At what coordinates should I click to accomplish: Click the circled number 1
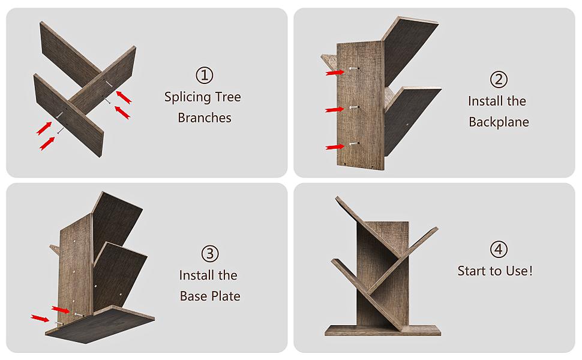[204, 76]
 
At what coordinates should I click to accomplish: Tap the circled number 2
[499, 80]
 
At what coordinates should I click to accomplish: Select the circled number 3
[209, 254]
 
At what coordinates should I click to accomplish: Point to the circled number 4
[499, 250]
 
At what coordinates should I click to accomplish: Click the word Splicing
[187, 97]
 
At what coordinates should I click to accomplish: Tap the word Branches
[205, 118]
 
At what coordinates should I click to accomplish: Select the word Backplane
[499, 122]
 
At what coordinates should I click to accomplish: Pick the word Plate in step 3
[225, 296]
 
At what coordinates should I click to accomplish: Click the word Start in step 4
[472, 271]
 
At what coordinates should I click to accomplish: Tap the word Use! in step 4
[518, 271]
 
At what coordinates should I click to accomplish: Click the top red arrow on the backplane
[334, 72]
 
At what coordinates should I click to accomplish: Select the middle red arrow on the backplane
[334, 109]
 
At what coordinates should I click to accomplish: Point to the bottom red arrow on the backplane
[334, 146]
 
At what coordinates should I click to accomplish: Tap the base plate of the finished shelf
[383, 330]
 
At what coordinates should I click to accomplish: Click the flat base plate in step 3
[99, 324]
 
